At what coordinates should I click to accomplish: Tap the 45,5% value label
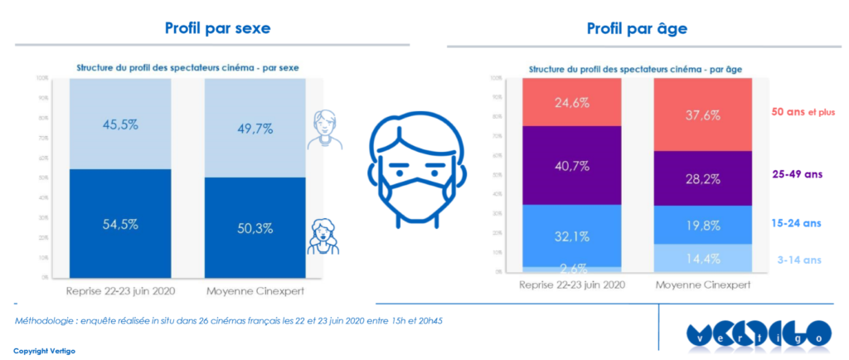[119, 126]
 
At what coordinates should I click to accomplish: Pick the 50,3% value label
[254, 228]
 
